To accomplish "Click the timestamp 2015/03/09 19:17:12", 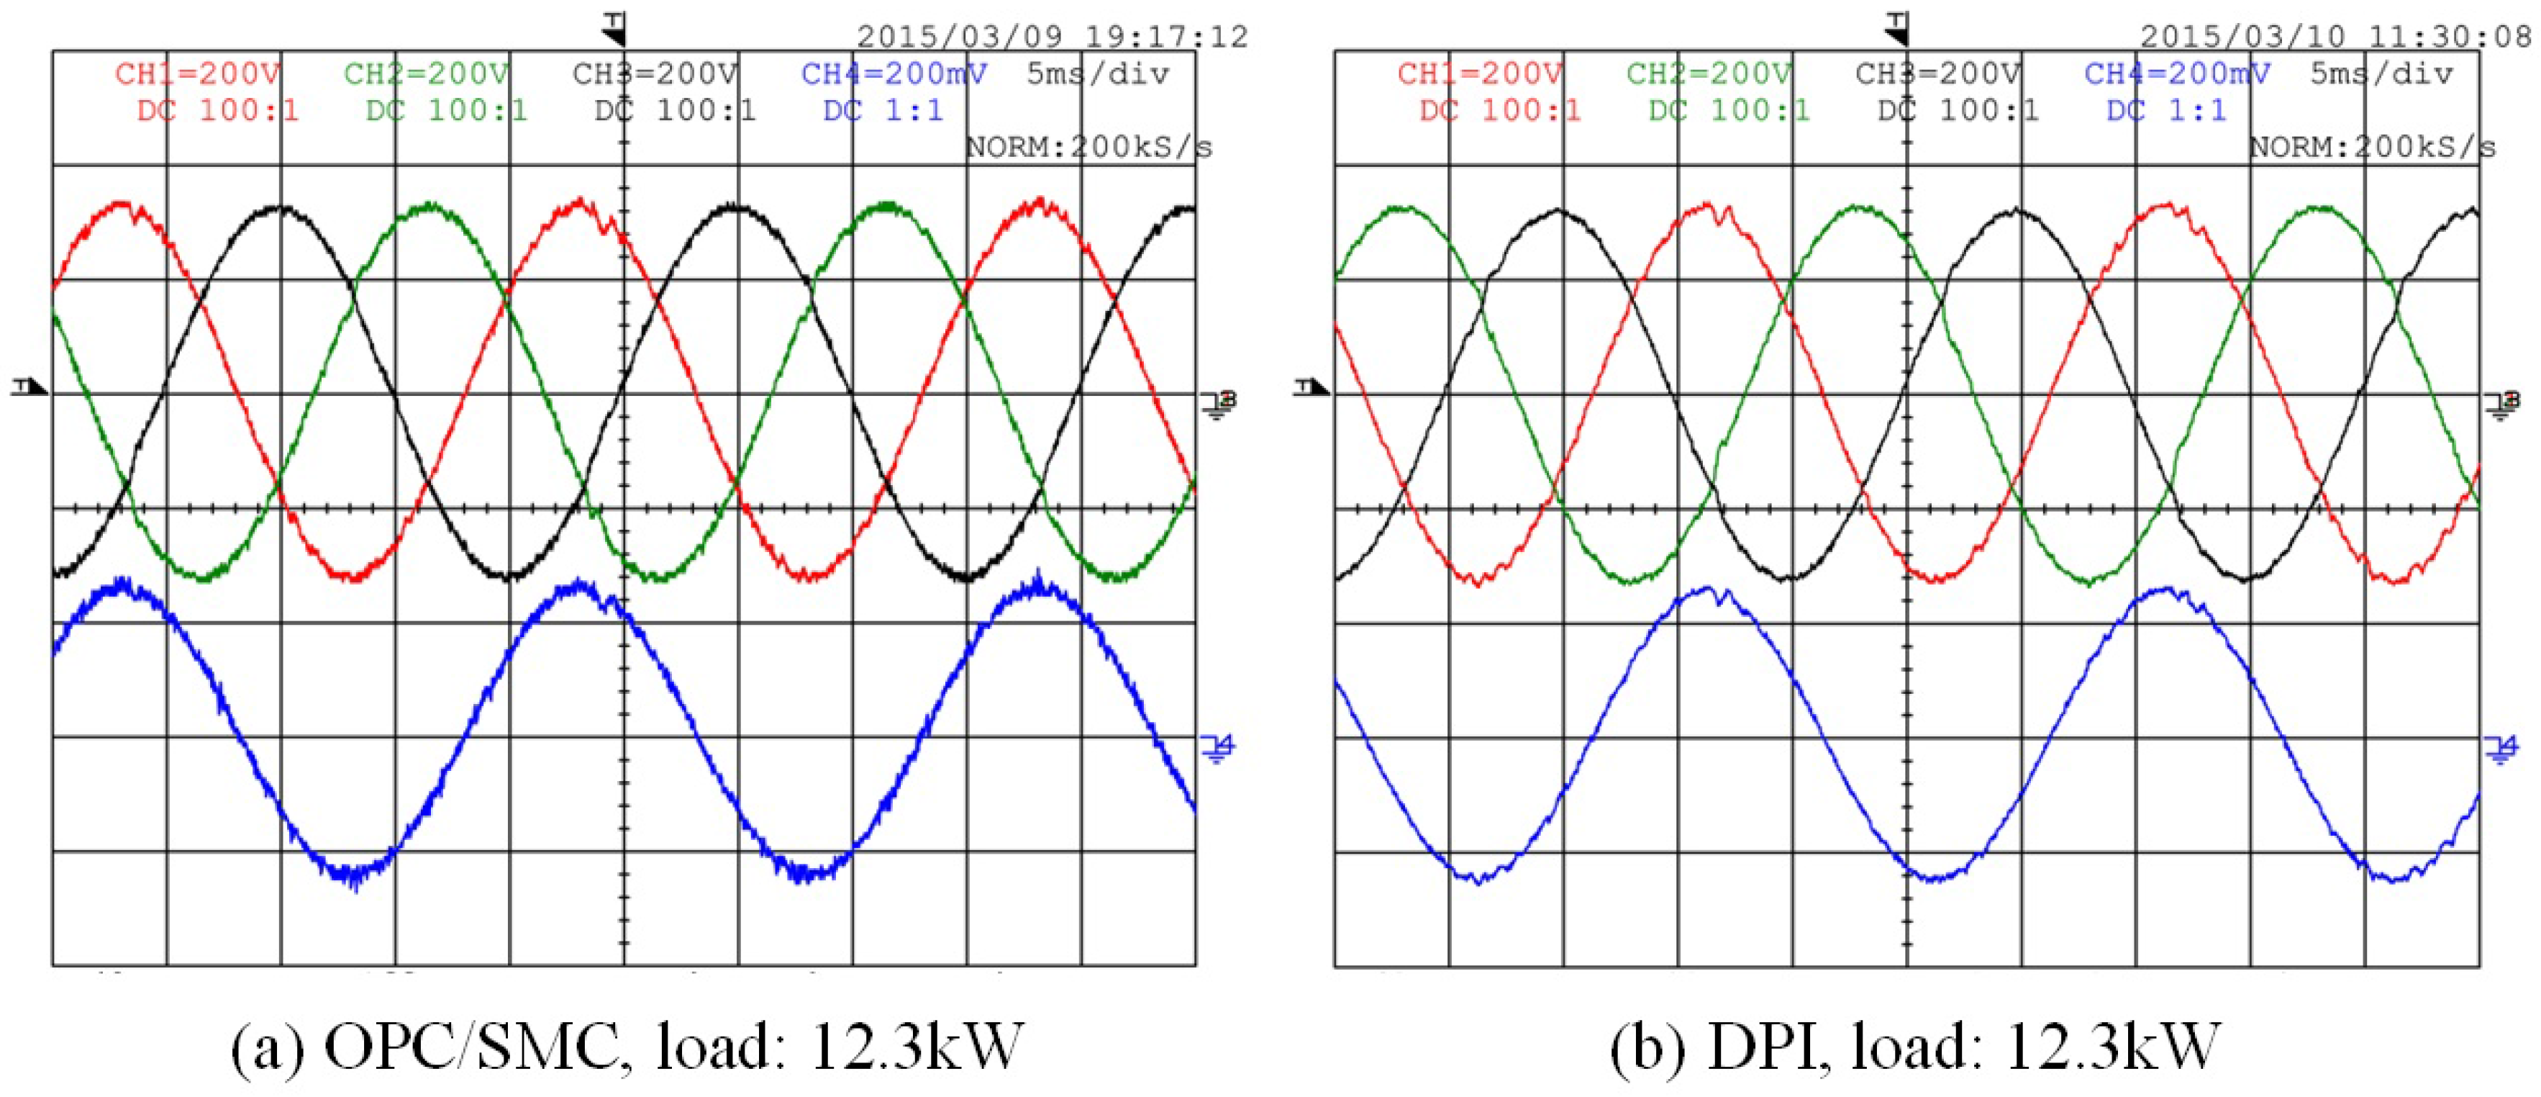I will [1052, 37].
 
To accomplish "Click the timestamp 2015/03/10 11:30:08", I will [2334, 37].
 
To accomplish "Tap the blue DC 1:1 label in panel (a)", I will [883, 110].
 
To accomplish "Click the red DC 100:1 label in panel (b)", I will [1499, 110].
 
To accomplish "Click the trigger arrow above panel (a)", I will [614, 30].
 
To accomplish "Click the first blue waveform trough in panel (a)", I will [353, 874].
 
